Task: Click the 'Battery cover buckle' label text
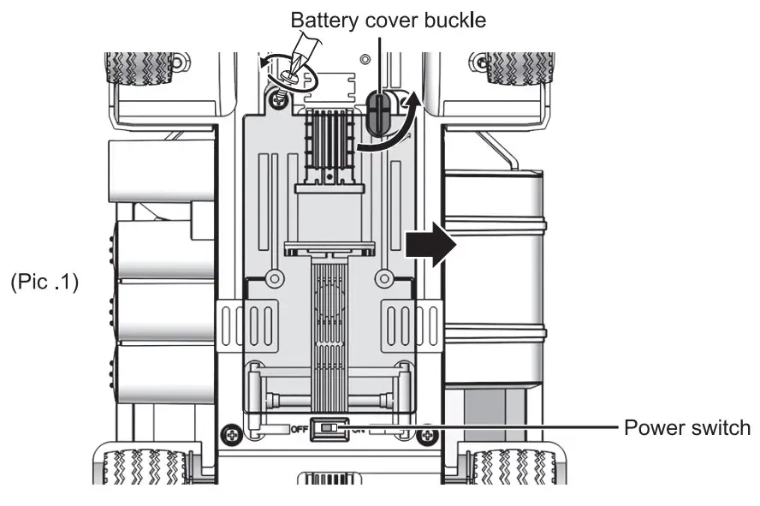(x=388, y=21)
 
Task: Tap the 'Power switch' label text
(x=687, y=427)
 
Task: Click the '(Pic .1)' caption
(x=45, y=282)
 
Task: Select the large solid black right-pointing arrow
(x=430, y=244)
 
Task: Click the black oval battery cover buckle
(x=377, y=113)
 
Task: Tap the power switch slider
(x=330, y=428)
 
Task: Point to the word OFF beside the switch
(x=300, y=430)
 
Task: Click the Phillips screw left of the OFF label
(x=232, y=435)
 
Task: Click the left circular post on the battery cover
(x=275, y=279)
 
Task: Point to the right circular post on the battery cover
(x=384, y=279)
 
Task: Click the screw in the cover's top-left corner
(x=280, y=97)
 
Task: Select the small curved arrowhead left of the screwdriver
(x=265, y=62)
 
